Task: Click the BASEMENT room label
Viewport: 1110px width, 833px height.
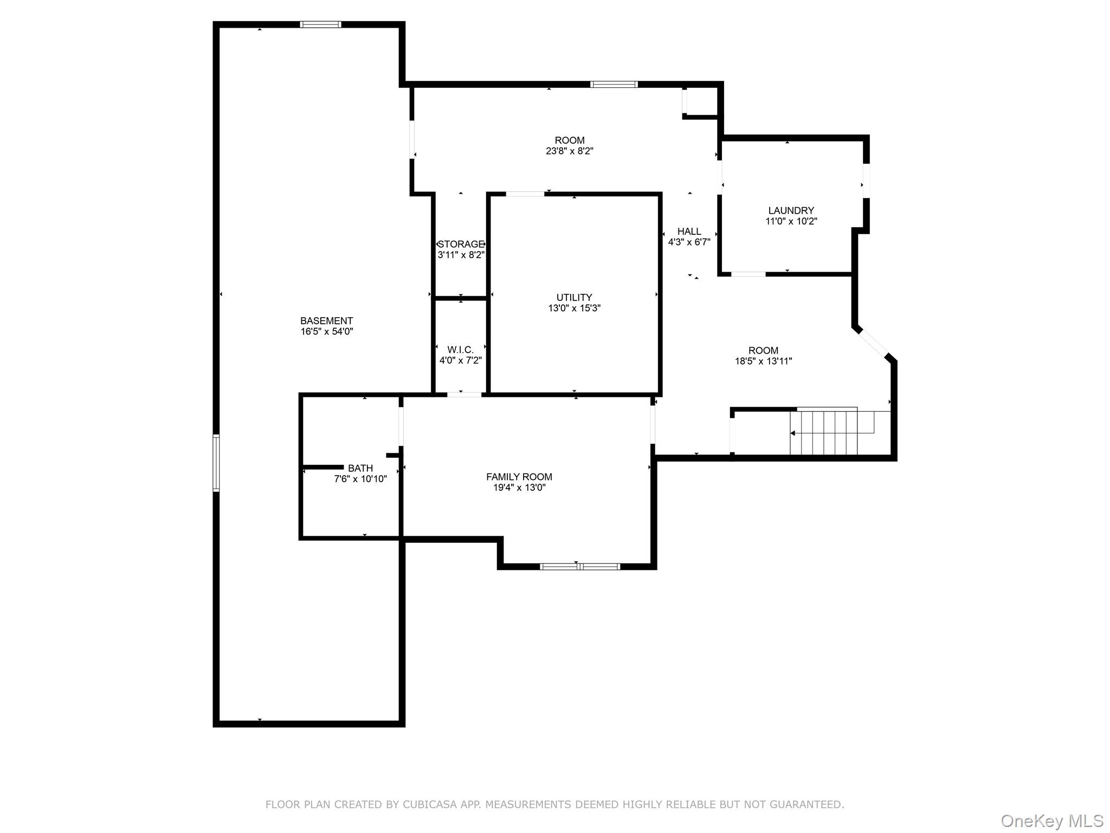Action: tap(326, 321)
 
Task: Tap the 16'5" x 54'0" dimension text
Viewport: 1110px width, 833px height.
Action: tap(326, 331)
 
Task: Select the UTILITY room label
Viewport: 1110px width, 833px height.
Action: tap(574, 297)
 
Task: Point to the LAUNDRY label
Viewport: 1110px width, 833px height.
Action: tap(791, 210)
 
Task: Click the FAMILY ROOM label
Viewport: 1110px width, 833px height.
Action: tap(519, 477)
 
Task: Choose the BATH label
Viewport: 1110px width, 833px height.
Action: tap(360, 468)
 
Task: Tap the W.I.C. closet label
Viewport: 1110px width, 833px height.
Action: tap(460, 350)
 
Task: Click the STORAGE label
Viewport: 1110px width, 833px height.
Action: tap(461, 244)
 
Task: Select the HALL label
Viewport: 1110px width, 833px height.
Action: tap(689, 232)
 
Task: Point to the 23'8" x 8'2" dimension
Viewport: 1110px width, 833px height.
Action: tap(569, 151)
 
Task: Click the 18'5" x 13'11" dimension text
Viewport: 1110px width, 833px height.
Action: tap(763, 361)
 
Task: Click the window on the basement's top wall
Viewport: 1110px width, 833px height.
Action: tap(320, 24)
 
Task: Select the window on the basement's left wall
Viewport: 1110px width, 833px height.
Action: tap(216, 463)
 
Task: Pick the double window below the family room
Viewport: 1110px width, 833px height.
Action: tap(579, 567)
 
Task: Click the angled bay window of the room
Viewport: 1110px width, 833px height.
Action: tap(873, 343)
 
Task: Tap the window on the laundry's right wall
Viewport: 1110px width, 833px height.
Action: tap(866, 181)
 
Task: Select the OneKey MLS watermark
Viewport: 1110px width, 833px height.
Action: tap(1051, 821)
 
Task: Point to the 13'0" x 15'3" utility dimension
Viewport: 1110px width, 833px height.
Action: tap(574, 308)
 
